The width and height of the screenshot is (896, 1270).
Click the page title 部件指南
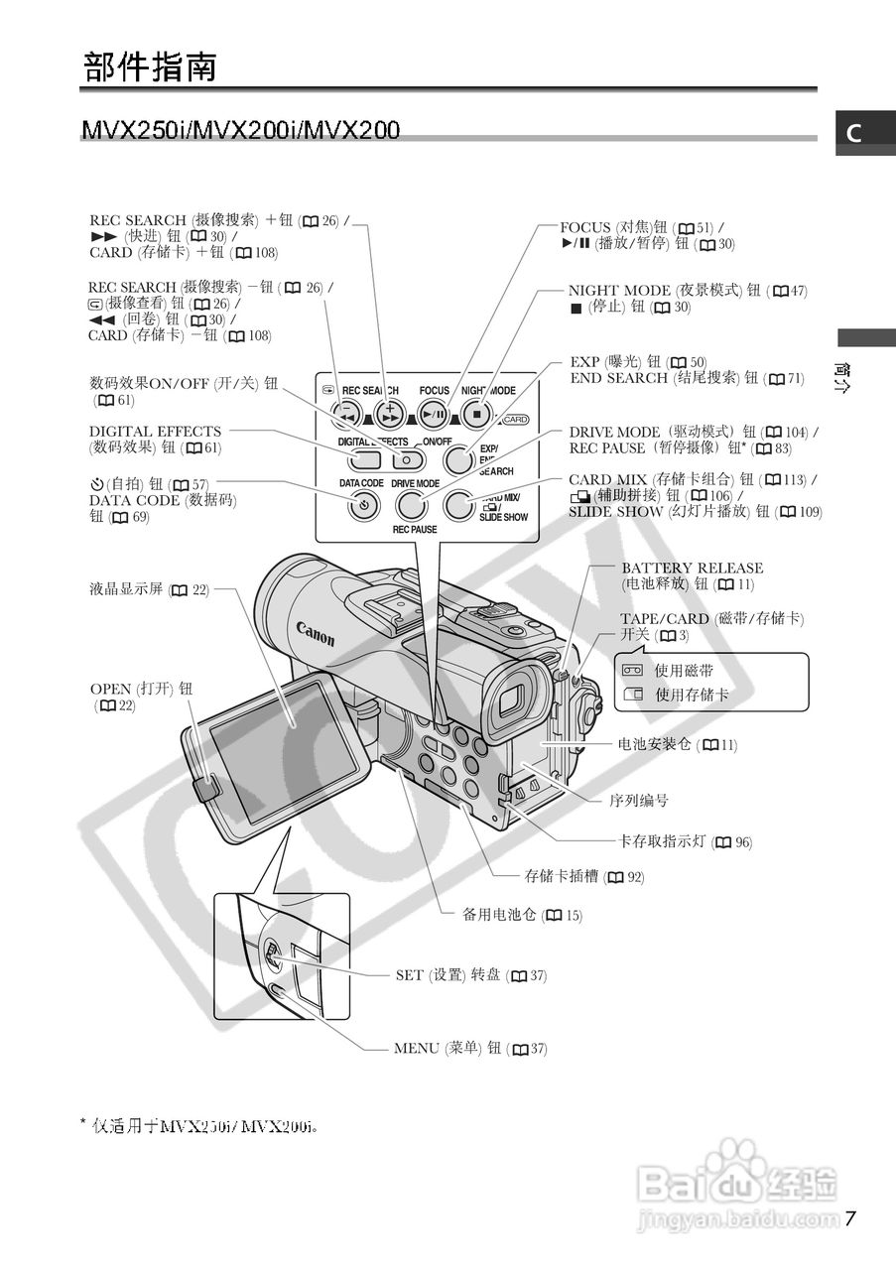point(149,67)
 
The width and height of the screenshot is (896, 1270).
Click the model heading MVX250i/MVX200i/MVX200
point(241,130)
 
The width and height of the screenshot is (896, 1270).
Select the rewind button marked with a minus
point(347,414)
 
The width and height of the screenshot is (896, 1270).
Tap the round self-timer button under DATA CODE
point(364,505)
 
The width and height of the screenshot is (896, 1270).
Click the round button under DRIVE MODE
point(411,505)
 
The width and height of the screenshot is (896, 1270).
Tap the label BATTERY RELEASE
point(692,569)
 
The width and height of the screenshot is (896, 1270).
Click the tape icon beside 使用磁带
point(632,671)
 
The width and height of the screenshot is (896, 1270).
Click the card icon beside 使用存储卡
point(632,695)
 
